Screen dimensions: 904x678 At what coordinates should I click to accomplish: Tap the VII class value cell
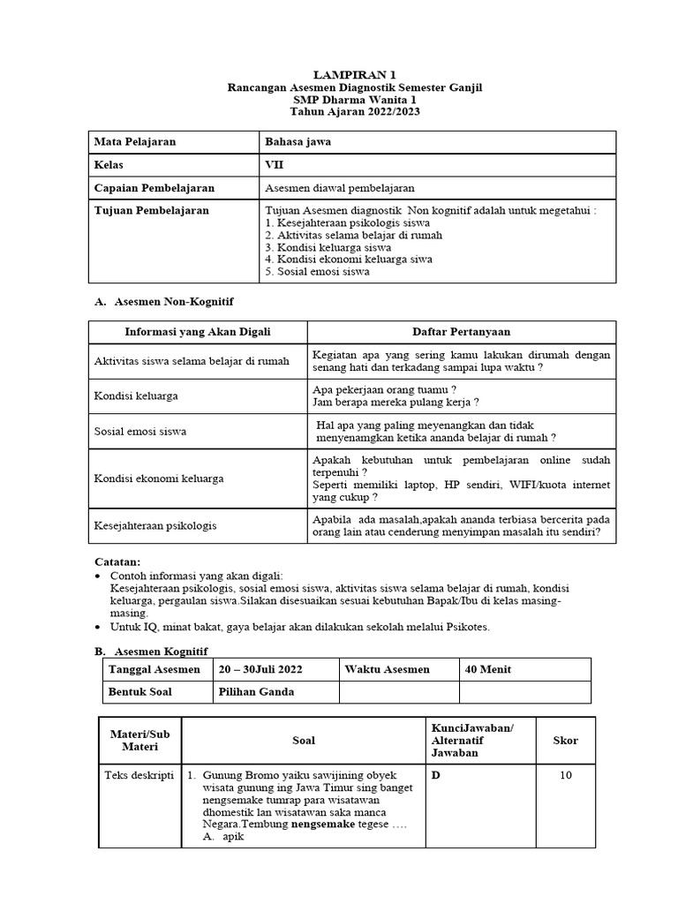pyautogui.click(x=275, y=165)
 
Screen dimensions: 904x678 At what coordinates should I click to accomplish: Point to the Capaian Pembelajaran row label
pyautogui.click(x=154, y=188)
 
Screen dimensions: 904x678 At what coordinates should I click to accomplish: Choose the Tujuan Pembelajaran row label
pyautogui.click(x=152, y=211)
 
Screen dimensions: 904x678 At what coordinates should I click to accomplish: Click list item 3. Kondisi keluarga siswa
pyautogui.click(x=328, y=248)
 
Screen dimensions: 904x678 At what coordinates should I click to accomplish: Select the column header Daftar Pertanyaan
pyautogui.click(x=461, y=332)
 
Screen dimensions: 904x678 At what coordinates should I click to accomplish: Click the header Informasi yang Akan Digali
pyautogui.click(x=198, y=332)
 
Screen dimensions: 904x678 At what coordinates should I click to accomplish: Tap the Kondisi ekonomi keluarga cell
pyautogui.click(x=159, y=478)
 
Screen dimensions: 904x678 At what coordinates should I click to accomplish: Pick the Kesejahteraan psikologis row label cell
pyautogui.click(x=154, y=526)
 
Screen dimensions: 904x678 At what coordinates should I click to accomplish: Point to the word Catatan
pyautogui.click(x=117, y=562)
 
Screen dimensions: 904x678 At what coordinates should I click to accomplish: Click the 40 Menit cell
pyautogui.click(x=488, y=669)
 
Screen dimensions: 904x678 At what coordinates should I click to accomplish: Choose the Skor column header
pyautogui.click(x=565, y=740)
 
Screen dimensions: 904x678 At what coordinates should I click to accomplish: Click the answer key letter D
pyautogui.click(x=435, y=776)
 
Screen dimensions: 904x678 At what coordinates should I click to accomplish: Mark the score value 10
pyautogui.click(x=566, y=776)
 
